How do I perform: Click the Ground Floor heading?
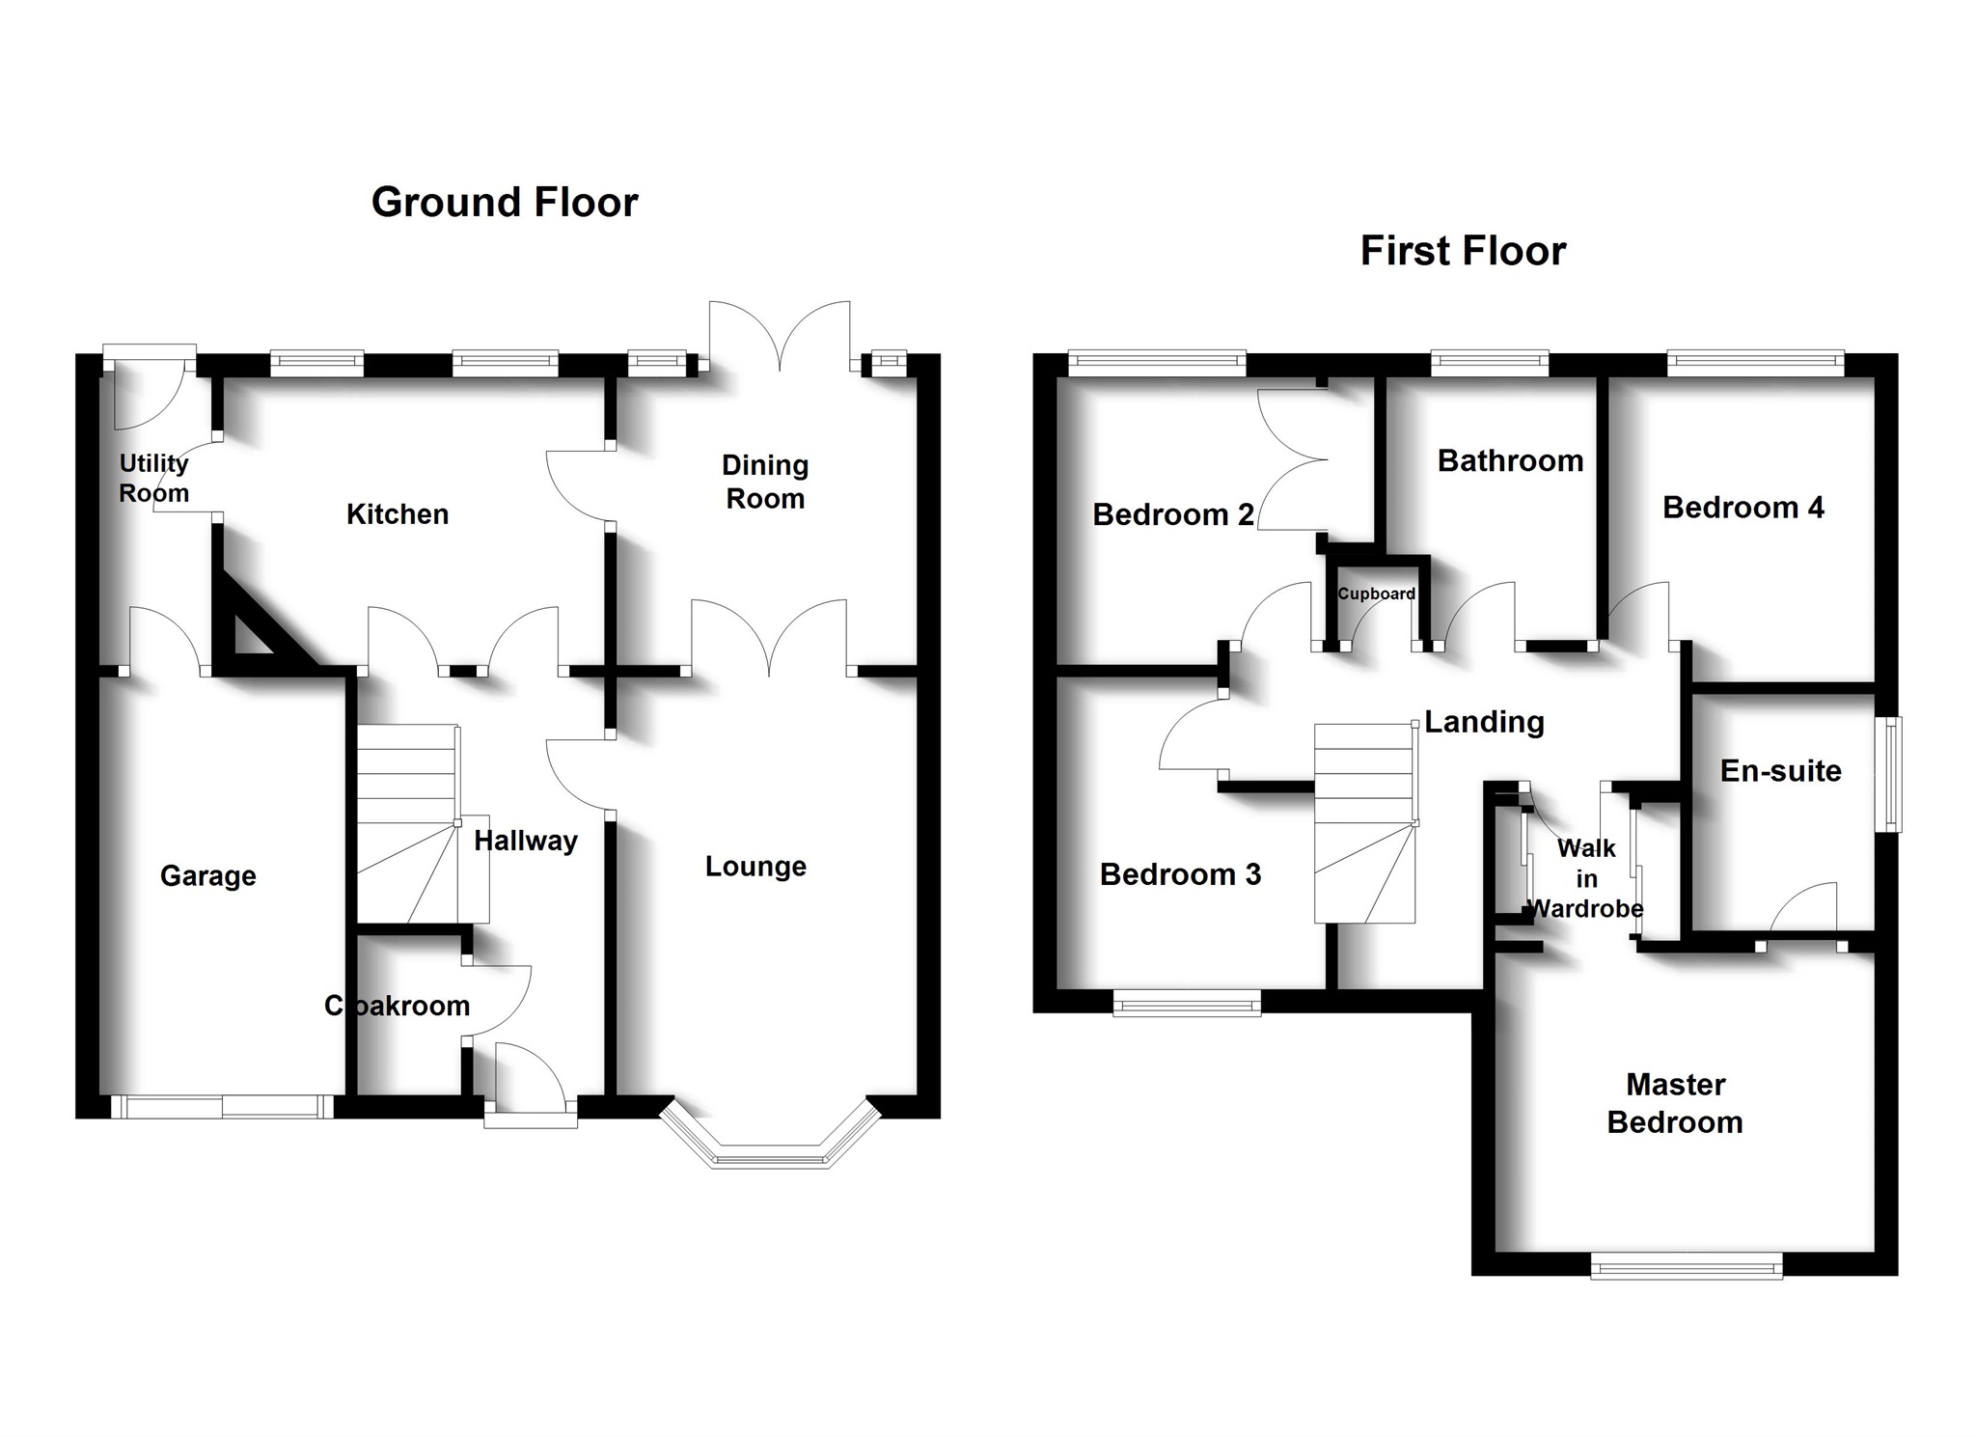click(505, 203)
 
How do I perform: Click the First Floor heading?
click(1463, 251)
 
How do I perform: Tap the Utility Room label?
click(153, 478)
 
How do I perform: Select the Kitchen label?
click(398, 514)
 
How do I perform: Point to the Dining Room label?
click(765, 482)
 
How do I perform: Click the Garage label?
click(208, 876)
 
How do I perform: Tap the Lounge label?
click(755, 867)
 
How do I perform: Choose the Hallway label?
click(526, 841)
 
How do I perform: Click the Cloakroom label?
click(398, 1006)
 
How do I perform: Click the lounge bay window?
click(771, 1152)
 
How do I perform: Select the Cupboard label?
click(1376, 594)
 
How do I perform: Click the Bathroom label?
click(1510, 461)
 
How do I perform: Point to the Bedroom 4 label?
click(1743, 508)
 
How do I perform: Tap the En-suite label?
click(1780, 771)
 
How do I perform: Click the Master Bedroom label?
click(1675, 1103)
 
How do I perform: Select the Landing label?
click(1484, 722)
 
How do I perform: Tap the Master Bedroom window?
click(1686, 1266)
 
